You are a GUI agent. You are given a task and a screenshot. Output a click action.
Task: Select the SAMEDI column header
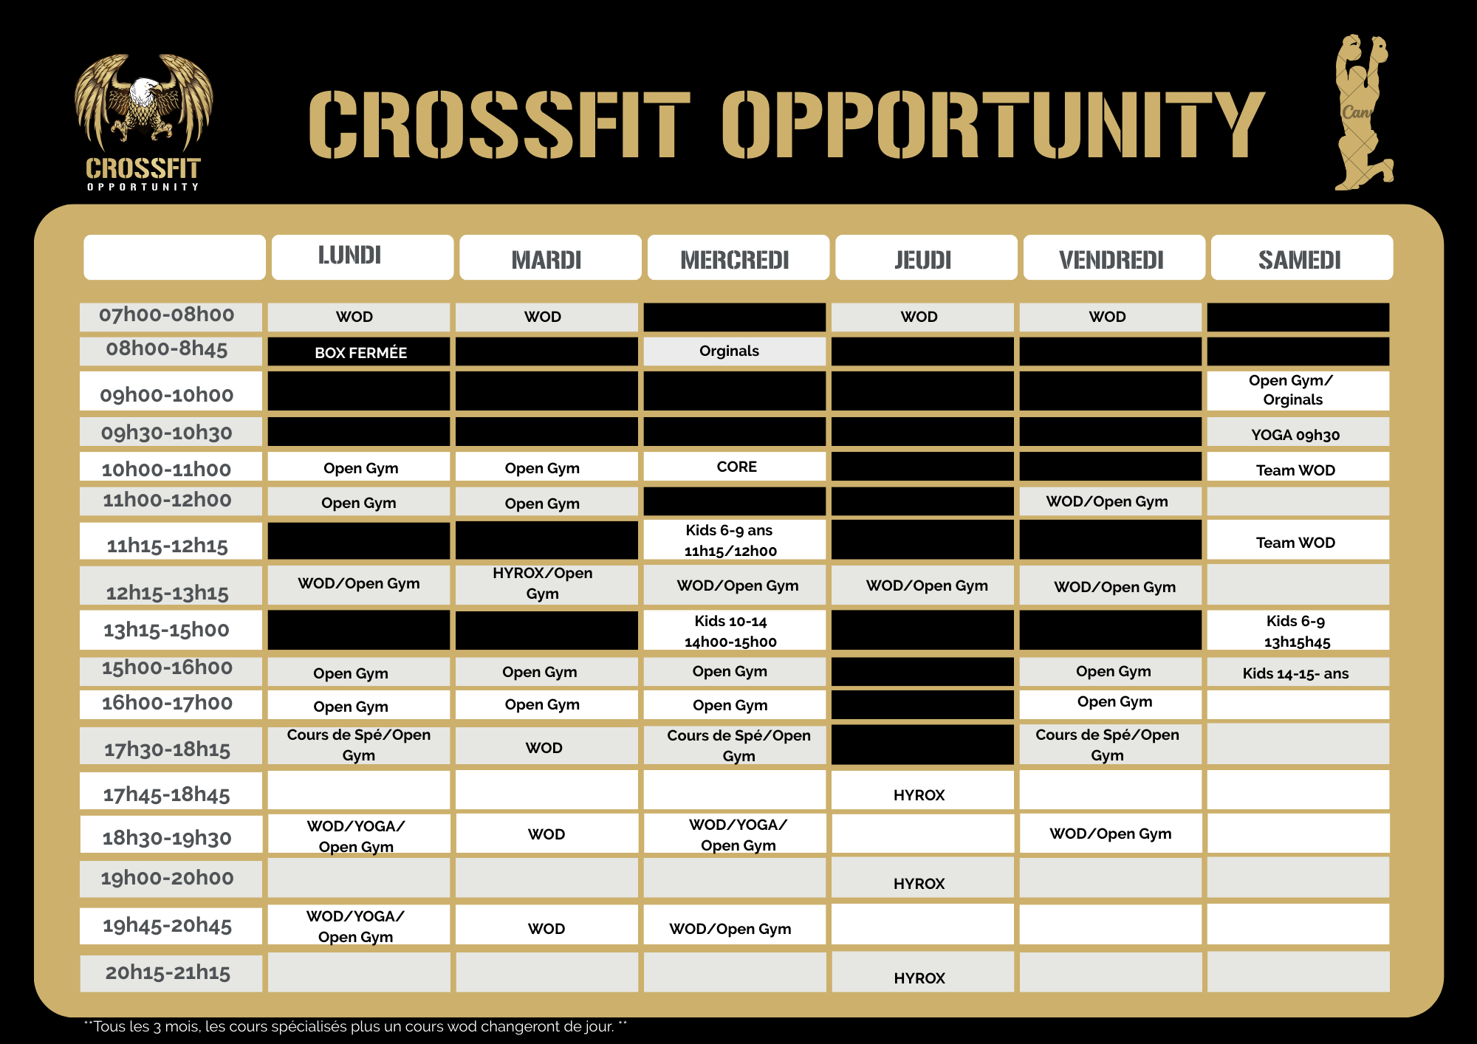(1300, 259)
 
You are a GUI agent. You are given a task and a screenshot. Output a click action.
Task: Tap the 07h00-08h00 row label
(168, 315)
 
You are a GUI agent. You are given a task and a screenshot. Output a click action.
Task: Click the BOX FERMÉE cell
(360, 352)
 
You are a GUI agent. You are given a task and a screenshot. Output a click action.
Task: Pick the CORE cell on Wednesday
(736, 467)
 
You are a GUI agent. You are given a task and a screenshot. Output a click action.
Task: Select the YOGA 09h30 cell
(1296, 434)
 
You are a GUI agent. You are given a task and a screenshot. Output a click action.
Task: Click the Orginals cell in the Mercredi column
(731, 351)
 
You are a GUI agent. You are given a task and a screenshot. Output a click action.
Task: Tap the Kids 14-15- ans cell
(1296, 673)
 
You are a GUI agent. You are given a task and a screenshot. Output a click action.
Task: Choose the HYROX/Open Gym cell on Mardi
(544, 583)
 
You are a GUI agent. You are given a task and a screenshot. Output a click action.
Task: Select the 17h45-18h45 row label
(168, 794)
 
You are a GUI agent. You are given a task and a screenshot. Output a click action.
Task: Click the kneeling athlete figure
(1361, 111)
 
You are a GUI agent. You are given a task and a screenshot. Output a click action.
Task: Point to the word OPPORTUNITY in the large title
(993, 124)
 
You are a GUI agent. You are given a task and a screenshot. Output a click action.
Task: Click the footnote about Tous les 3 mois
(354, 1026)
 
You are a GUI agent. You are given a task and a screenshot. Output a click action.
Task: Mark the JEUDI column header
(923, 259)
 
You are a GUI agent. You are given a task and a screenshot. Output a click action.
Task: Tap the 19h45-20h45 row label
(168, 925)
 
